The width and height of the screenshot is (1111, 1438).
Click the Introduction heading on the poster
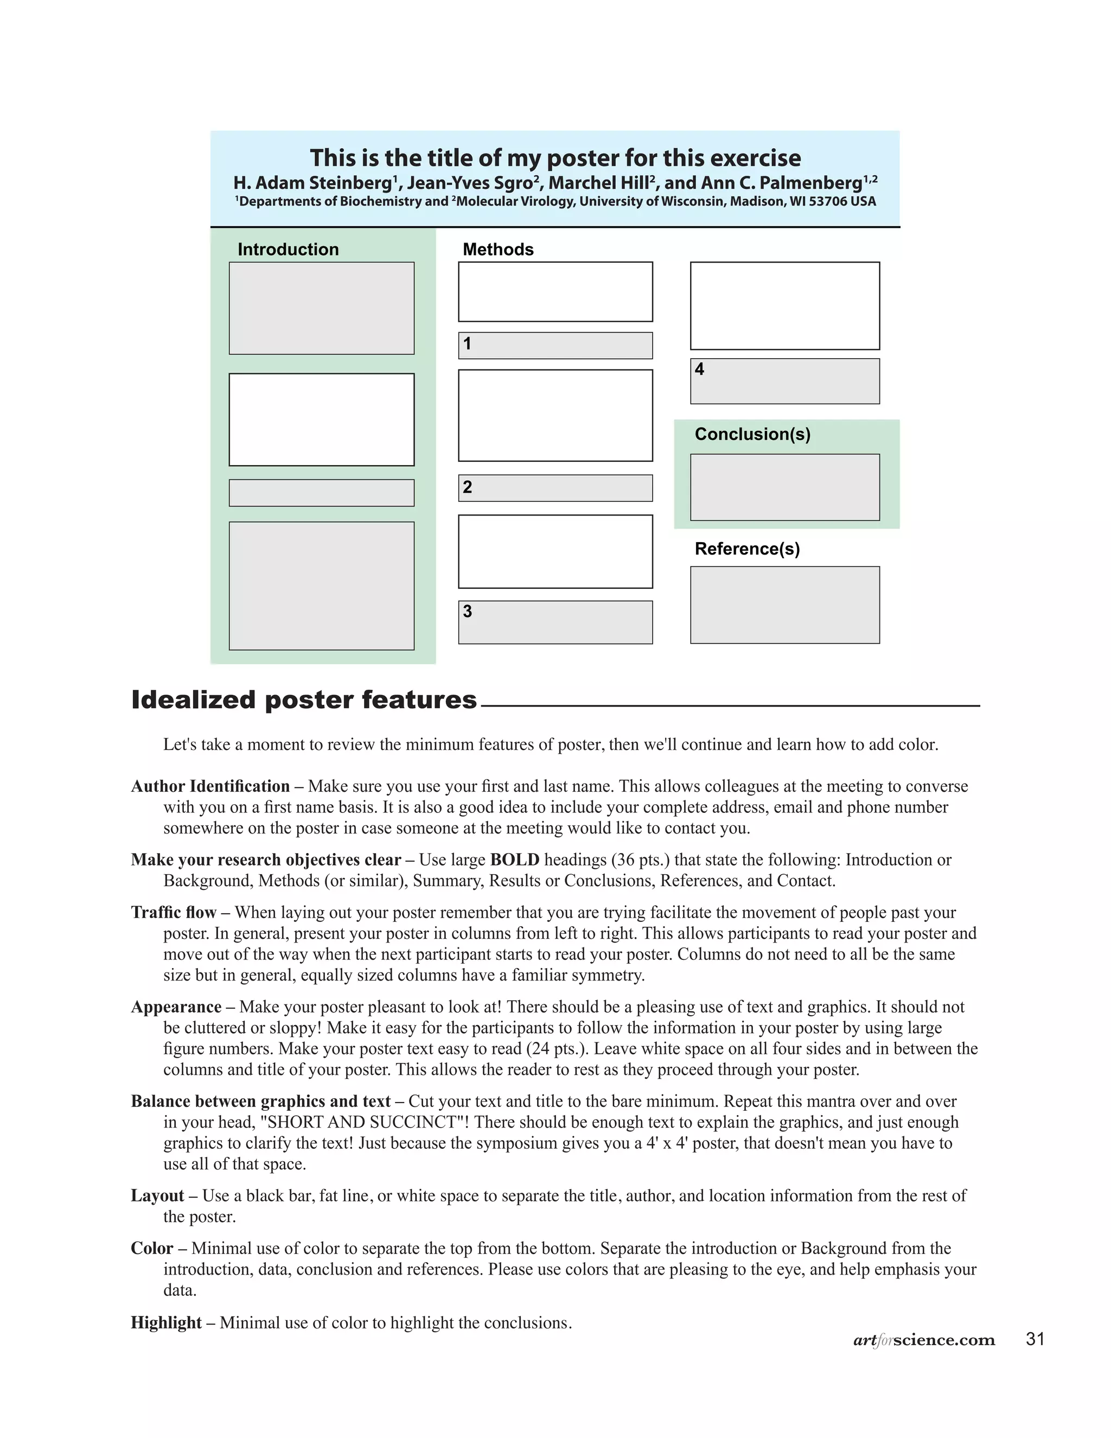click(288, 250)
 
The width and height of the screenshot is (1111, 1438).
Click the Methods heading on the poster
click(497, 250)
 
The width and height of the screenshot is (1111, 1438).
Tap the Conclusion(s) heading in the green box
click(752, 434)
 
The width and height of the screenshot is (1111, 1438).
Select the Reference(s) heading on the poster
click(747, 549)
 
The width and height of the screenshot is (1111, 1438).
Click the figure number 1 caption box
click(555, 346)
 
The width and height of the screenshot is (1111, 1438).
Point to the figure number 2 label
click(467, 487)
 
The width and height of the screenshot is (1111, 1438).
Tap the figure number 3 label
click(467, 611)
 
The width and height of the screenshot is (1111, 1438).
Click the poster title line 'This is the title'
click(555, 158)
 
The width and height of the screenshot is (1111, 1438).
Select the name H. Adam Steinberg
click(312, 182)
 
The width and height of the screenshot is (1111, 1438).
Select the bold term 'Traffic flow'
click(173, 912)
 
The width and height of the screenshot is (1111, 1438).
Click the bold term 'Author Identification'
click(210, 786)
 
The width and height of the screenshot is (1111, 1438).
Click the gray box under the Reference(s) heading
click(784, 605)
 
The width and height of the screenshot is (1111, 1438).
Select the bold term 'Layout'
click(157, 1195)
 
